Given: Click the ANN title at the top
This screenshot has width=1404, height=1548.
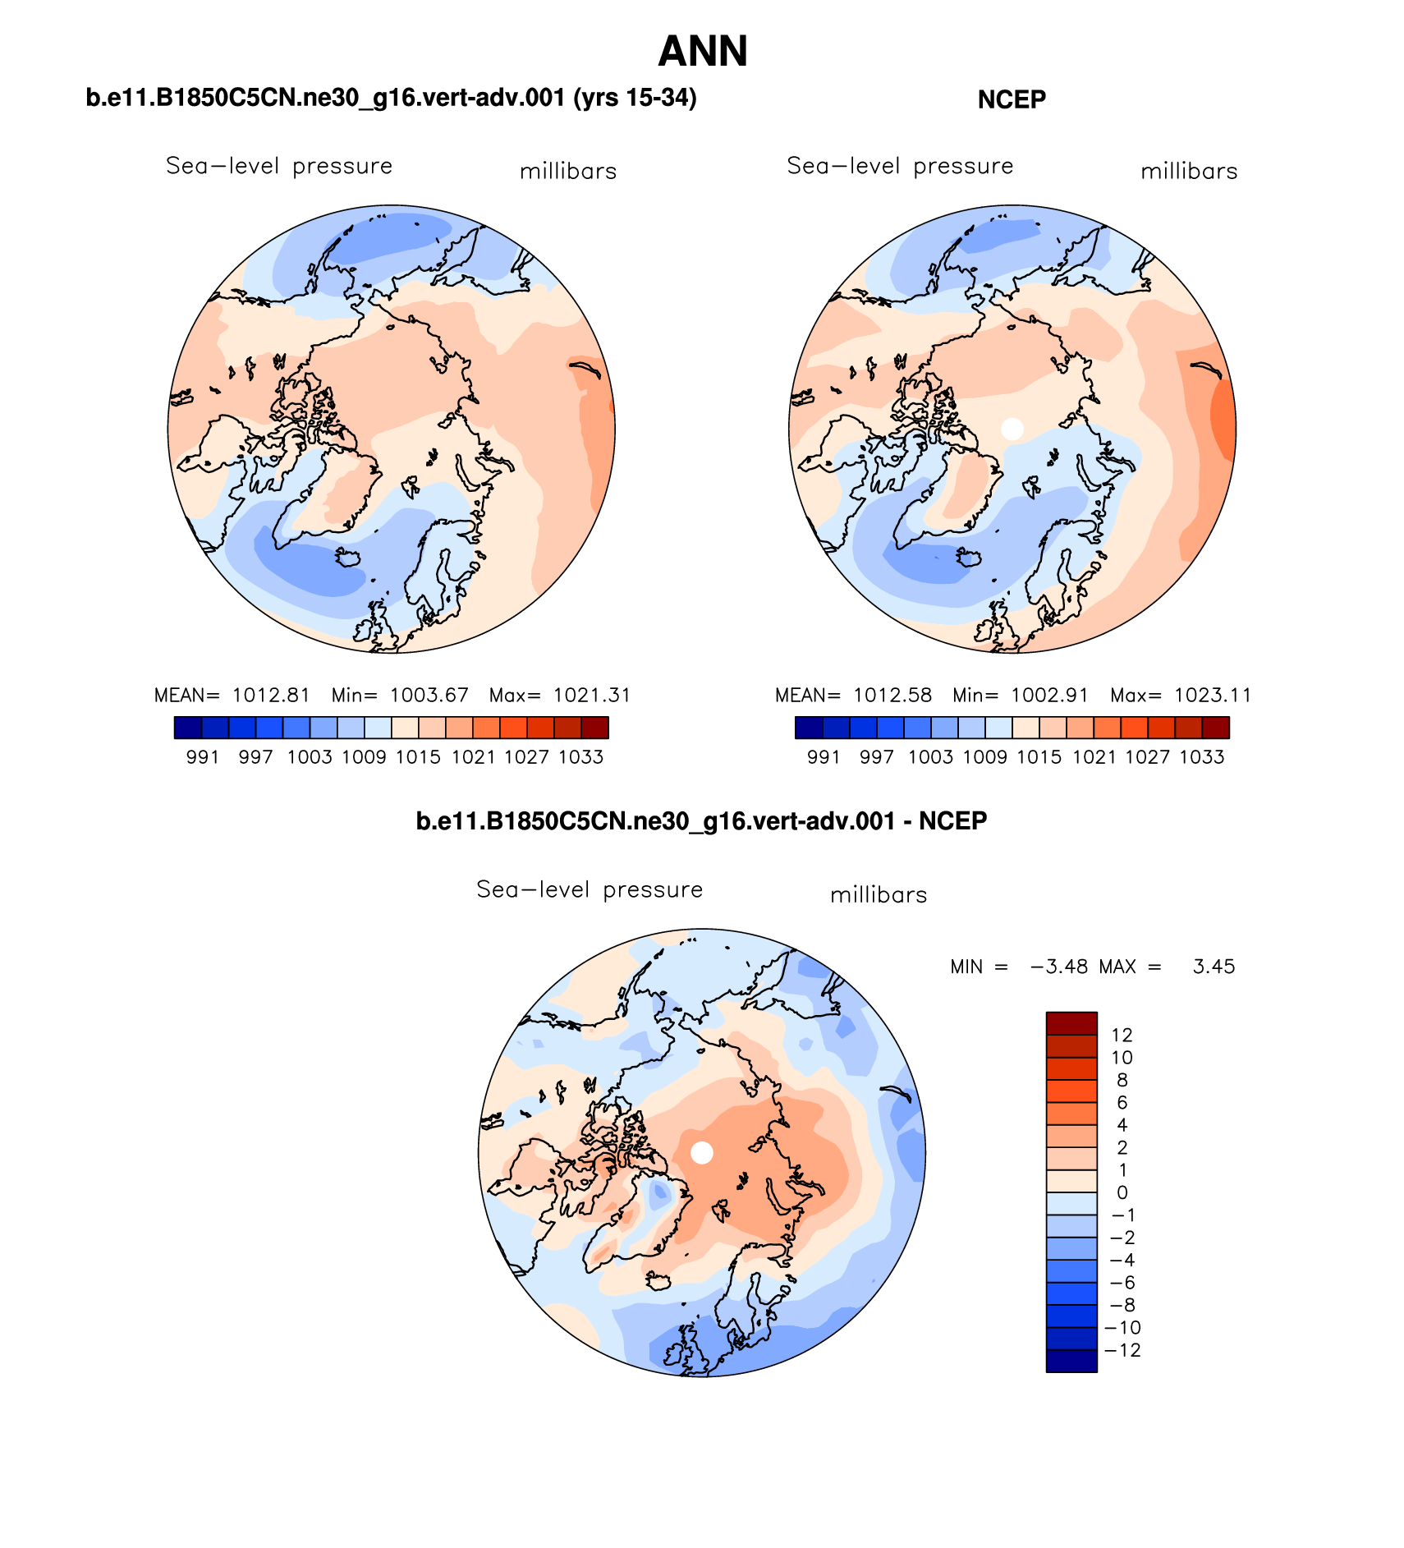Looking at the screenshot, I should pos(703,52).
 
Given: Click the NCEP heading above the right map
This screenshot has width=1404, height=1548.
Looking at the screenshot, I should pos(1012,99).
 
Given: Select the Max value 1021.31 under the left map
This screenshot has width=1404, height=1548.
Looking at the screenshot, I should pos(591,696).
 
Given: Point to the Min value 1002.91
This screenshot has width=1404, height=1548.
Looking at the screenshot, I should pos(1049,696).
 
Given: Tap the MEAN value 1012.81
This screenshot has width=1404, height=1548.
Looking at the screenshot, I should pos(271,696).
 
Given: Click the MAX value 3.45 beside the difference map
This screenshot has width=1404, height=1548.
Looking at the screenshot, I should pos(1214,967).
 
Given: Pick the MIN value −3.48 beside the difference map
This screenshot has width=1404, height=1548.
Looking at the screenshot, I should pos(1059,967).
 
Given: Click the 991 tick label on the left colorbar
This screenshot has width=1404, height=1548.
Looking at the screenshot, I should pos(203,757).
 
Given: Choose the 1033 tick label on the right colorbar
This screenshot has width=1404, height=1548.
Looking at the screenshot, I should pos(1202,757).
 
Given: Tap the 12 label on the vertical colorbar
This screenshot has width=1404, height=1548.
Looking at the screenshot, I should pos(1122,1036).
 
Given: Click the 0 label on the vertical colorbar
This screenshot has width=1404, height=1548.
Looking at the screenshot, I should pos(1122,1192).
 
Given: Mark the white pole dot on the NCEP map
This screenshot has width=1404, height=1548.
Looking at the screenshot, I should pos(1012,428).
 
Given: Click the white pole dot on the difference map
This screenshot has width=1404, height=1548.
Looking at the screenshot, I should pos(702,1152).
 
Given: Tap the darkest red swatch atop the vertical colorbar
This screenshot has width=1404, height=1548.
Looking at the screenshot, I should pos(1071,1023).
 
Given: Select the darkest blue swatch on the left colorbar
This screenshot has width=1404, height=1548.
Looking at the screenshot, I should pos(188,728).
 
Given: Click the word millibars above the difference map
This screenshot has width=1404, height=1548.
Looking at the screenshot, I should pos(879,895).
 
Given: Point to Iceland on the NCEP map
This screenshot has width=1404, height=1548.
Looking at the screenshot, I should pos(970,559).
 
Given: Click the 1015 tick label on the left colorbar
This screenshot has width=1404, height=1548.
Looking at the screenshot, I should pos(418,757).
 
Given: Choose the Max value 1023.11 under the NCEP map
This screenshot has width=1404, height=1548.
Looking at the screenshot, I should pos(1212,696).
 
